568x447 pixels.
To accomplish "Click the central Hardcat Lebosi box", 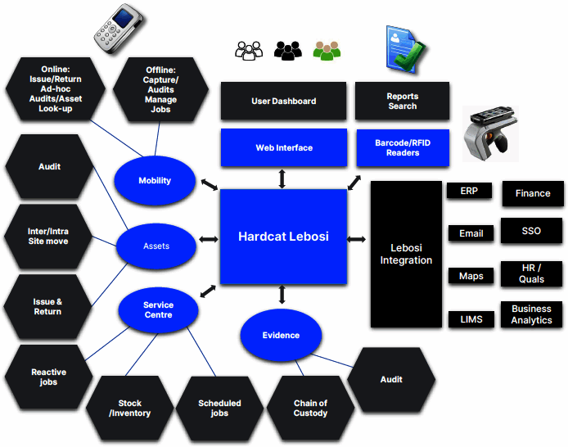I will coord(283,237).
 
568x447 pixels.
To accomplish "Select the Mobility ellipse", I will coord(155,181).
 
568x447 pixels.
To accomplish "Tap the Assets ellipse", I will coord(156,246).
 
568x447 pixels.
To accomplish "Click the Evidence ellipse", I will coord(281,335).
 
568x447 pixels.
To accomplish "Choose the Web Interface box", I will coord(284,148).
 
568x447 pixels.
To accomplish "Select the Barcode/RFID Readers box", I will coord(402,148).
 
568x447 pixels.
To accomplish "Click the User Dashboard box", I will coord(284,102).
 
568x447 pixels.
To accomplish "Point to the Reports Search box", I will coord(402,102).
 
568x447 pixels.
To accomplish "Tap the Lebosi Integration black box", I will coord(406,255).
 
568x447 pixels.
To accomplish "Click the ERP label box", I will coord(469,191).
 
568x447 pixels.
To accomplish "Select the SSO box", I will coord(531,232).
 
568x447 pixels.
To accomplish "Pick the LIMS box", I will coord(471,318).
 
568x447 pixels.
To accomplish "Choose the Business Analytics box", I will coord(531,314).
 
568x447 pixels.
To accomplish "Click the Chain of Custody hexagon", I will coord(310,408).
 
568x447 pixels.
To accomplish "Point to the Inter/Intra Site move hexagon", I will coord(47,237).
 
